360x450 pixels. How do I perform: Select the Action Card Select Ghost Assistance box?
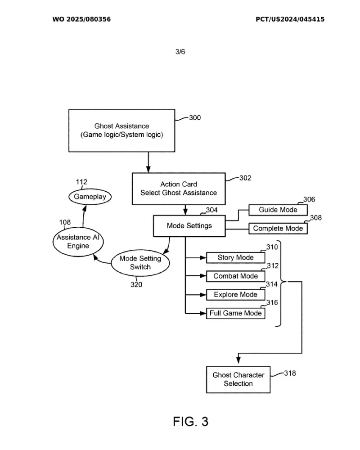click(x=179, y=189)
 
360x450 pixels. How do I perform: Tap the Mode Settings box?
click(x=189, y=226)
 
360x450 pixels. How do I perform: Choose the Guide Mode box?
click(x=278, y=210)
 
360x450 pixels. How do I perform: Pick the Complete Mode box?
click(x=278, y=229)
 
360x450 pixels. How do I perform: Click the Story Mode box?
click(x=235, y=258)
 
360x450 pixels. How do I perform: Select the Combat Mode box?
click(x=235, y=276)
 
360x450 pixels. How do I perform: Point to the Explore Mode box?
click(x=235, y=295)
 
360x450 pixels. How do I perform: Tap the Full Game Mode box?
click(x=235, y=313)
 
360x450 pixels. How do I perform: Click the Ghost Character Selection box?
click(x=238, y=379)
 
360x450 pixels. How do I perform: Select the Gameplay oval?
click(x=90, y=197)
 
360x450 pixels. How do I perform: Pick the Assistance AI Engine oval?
click(x=78, y=242)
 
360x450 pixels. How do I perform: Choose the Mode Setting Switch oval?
click(x=140, y=263)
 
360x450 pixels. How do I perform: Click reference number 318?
click(x=290, y=373)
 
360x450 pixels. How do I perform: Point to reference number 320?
click(x=136, y=284)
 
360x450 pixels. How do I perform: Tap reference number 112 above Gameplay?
click(x=81, y=182)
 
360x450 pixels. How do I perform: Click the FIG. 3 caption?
click(x=191, y=422)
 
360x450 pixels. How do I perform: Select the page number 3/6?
click(x=180, y=52)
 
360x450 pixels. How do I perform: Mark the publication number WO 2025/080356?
click(x=81, y=19)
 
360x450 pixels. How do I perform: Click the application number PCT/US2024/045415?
click(x=290, y=19)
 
